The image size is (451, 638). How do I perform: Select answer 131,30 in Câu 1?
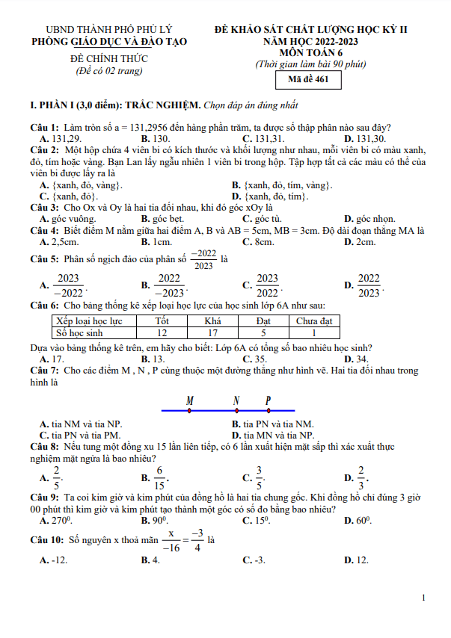point(371,139)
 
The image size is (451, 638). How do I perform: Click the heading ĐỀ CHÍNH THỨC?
point(109,58)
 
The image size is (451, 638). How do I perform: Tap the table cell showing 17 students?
point(212,333)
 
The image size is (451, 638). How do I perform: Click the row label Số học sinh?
point(79,333)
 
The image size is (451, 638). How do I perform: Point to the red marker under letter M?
point(189,410)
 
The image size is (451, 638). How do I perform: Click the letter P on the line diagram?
point(269,401)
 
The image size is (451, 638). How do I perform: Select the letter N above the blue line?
point(236,401)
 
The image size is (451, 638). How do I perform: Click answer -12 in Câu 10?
point(58,560)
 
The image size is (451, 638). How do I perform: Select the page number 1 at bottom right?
point(424,598)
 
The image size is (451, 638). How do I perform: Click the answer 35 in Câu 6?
point(261,359)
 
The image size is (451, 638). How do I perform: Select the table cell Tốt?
point(162,321)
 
